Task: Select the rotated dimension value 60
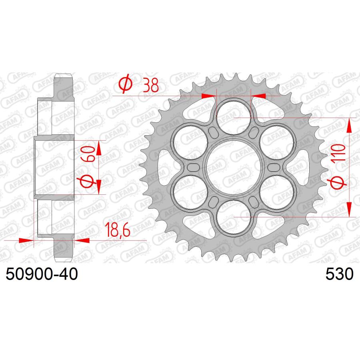(90, 154)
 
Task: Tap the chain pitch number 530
(339, 275)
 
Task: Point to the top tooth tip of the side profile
(64, 75)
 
